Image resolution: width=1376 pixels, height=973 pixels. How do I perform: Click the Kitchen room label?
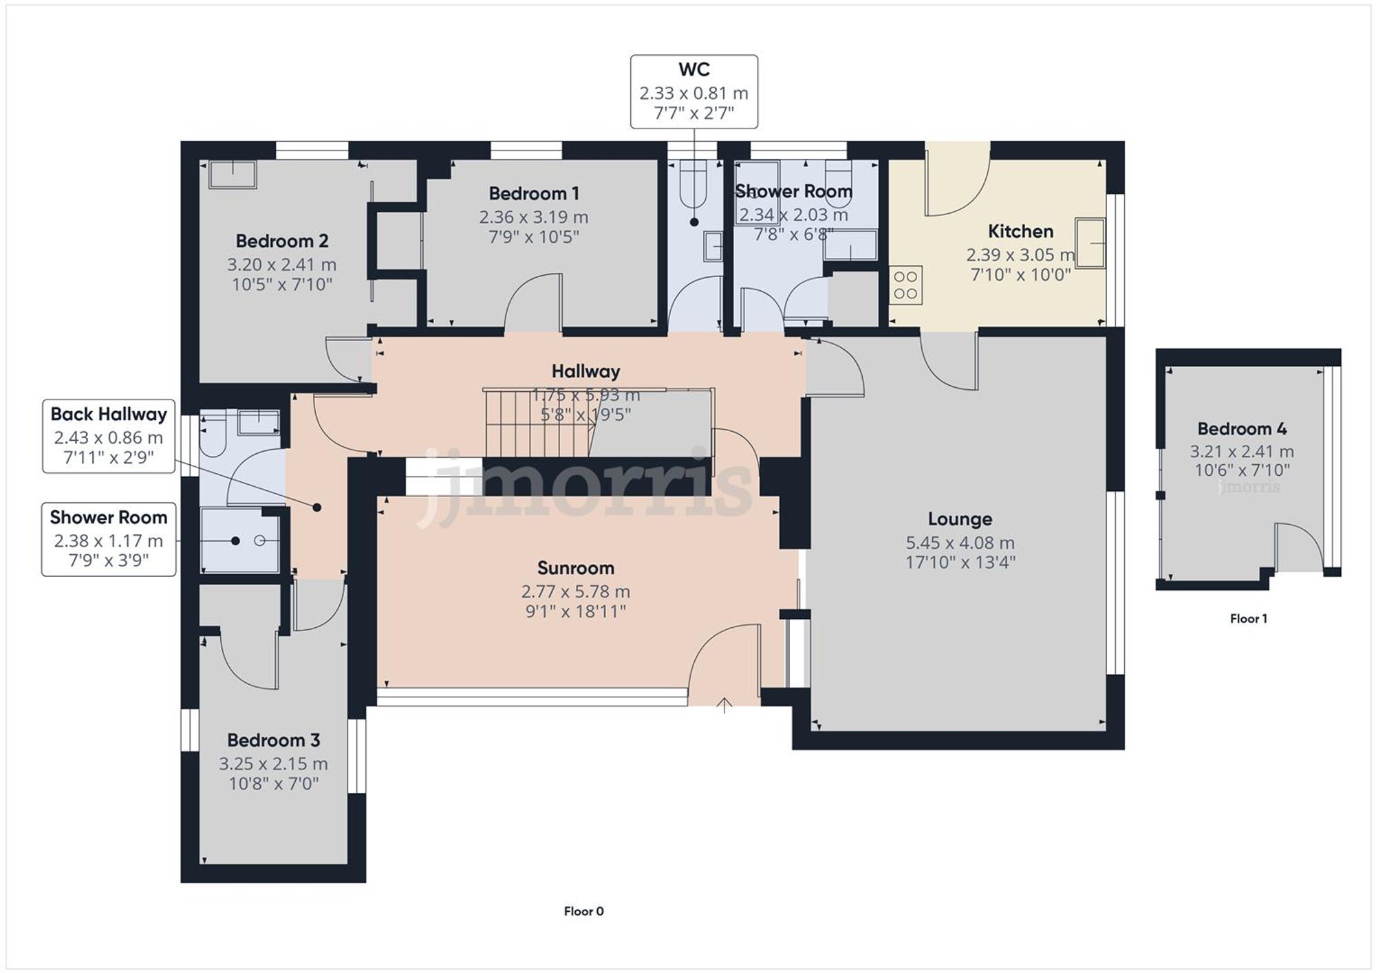[1020, 231]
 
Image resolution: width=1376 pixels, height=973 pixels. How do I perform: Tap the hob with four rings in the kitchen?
[905, 285]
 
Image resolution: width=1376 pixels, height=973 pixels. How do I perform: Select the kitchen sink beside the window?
[1090, 243]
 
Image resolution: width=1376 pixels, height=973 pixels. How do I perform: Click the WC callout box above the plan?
[694, 92]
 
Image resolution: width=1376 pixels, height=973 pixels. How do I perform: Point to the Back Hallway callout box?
[109, 436]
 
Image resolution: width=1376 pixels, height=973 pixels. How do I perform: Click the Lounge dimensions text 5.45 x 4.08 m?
[960, 543]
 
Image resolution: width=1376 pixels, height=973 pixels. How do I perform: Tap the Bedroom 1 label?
[533, 193]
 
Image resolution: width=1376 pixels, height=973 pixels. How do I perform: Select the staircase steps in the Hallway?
[537, 423]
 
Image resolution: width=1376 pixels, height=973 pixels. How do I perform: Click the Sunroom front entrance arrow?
[724, 705]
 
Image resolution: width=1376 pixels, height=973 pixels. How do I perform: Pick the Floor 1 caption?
[1248, 618]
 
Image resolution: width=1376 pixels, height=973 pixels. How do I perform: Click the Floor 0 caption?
[583, 911]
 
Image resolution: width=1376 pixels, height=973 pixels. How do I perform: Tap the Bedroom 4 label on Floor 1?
[1242, 428]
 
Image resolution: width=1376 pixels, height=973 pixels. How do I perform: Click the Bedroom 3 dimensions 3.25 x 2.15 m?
[273, 763]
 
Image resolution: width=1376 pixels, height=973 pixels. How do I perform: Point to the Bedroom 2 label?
[282, 241]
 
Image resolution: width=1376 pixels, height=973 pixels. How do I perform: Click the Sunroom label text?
[575, 568]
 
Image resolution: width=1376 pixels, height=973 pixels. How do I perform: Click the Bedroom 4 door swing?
[1299, 547]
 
